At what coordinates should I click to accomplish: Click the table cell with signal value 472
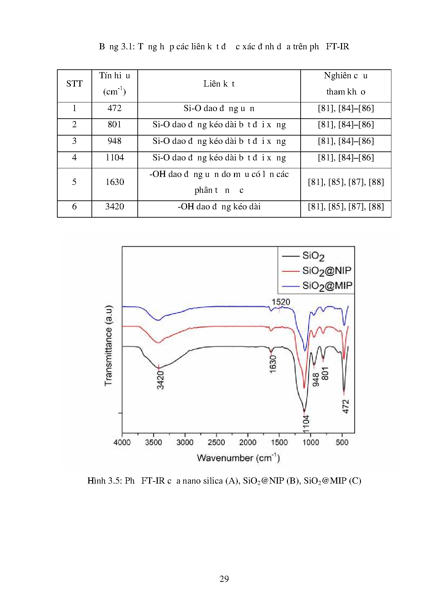115,108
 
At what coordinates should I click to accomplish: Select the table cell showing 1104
115,158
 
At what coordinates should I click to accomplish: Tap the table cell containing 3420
115,207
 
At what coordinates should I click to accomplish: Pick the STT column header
75,84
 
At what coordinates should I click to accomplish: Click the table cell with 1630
115,182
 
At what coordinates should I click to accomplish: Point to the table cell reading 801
115,125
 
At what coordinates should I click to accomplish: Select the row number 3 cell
75,141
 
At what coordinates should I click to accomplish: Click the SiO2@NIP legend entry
326,271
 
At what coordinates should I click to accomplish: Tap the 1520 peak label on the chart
281,302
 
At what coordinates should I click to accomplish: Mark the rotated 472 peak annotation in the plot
346,406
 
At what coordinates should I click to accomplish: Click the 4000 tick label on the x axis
122,443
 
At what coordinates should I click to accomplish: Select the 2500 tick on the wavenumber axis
216,443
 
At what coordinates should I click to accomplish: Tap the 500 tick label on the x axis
342,443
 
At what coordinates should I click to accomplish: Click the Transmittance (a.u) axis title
109,345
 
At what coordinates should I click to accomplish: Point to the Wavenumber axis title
238,458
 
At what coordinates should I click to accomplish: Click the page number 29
224,579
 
